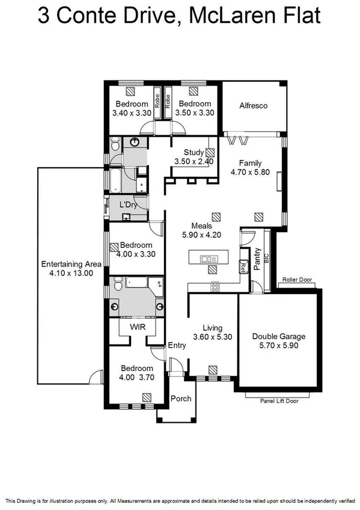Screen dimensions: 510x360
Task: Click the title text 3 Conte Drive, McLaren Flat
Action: [x=179, y=15]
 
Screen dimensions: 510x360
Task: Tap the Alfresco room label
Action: [x=253, y=106]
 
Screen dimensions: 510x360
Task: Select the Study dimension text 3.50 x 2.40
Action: [x=190, y=162]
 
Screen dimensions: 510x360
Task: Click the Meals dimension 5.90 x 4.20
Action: [x=203, y=235]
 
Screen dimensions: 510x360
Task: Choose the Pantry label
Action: [x=257, y=259]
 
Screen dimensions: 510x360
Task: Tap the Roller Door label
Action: [x=298, y=280]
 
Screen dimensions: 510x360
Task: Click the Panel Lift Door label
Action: [x=279, y=400]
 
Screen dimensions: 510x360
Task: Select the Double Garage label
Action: [x=279, y=337]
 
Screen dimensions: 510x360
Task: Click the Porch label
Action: [x=181, y=399]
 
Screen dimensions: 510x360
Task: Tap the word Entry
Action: [x=177, y=345]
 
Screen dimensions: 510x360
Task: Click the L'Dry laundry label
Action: [x=128, y=205]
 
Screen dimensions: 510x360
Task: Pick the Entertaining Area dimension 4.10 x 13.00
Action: [x=67, y=273]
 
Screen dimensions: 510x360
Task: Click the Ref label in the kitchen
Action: [x=244, y=265]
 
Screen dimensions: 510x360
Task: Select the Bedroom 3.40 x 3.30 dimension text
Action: [x=130, y=112]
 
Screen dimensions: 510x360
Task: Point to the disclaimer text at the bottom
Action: [x=180, y=500]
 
